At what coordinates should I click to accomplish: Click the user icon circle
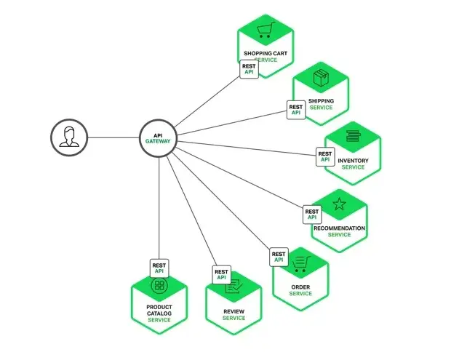pos(69,137)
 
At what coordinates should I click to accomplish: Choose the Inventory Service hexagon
pos(353,152)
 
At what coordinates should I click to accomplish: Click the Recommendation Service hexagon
pos(339,219)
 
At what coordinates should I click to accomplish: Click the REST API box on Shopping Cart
pos(249,68)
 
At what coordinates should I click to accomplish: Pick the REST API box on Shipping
pos(295,109)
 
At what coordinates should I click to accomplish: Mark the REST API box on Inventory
pos(325,156)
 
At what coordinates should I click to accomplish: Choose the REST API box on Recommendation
pos(312,214)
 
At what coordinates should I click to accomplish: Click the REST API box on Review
pos(222,274)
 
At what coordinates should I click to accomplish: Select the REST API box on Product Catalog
pos(160,268)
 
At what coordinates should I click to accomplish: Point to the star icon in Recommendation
pos(339,204)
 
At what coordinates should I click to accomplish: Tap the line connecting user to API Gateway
pos(113,137)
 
